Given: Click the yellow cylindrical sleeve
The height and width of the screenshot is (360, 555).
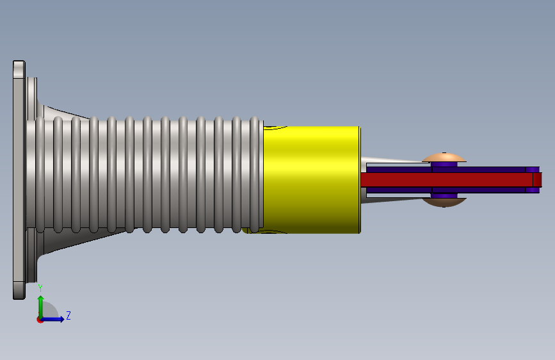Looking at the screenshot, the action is [x=312, y=179].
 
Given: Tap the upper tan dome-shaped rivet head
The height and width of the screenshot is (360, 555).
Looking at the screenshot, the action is [x=444, y=158].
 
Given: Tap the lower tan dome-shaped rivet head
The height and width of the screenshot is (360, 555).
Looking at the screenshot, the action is [x=444, y=202].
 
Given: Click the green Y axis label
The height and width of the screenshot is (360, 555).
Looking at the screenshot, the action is [x=40, y=288].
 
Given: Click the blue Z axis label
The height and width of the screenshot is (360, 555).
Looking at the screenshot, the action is [x=68, y=315].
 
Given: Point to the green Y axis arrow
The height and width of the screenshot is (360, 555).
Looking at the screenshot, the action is [x=41, y=307].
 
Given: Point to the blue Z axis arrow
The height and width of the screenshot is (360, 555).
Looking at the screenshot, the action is [x=52, y=319].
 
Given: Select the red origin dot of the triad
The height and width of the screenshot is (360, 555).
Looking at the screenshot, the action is [x=40, y=320].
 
